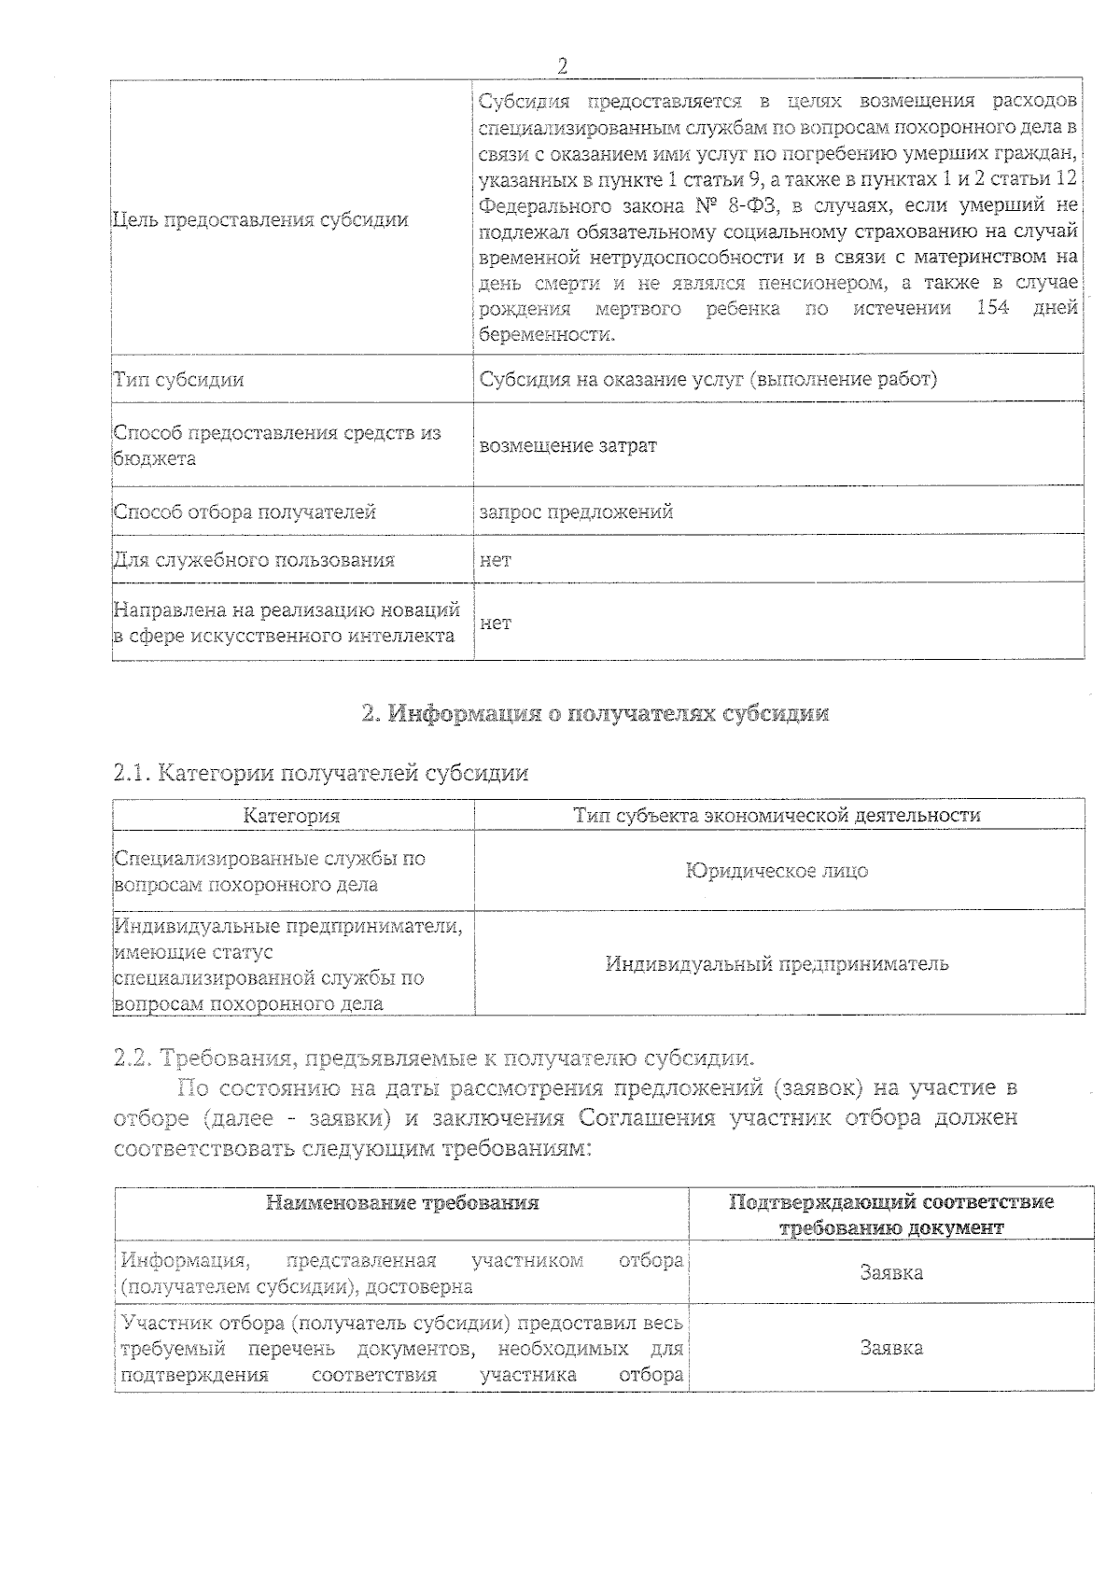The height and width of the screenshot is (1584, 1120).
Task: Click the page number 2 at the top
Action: click(563, 65)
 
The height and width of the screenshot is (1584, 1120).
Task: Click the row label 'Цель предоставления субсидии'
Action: click(260, 220)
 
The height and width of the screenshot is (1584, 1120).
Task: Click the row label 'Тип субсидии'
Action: click(179, 379)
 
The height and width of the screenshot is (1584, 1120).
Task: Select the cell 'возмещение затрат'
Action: click(567, 445)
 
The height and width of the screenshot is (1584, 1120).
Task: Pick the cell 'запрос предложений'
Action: click(576, 512)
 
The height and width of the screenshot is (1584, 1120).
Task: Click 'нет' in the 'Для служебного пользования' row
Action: click(495, 559)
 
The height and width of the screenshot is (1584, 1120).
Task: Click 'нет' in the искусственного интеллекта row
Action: click(495, 622)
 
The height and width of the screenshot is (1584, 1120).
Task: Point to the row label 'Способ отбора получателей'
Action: click(245, 512)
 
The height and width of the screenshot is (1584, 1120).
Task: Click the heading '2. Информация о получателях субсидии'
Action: click(595, 714)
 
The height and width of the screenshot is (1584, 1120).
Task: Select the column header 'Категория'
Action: click(291, 815)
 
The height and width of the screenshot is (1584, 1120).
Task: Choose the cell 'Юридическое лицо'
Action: click(777, 870)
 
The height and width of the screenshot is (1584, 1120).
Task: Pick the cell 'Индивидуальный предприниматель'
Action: click(777, 963)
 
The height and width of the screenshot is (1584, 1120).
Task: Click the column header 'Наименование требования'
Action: click(402, 1202)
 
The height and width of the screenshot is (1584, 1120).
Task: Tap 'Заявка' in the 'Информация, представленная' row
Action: click(891, 1272)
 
